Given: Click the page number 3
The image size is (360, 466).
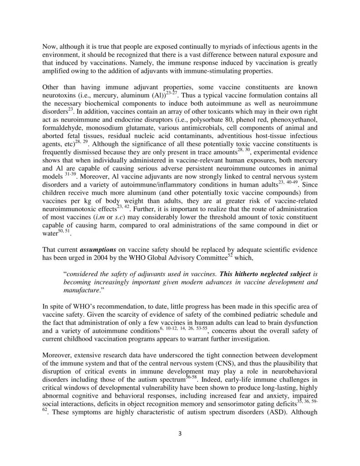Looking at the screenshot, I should pos(180,434).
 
